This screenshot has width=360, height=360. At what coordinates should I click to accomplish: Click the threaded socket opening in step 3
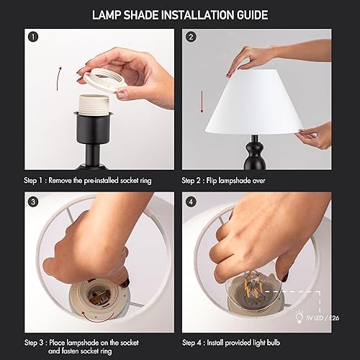(94, 296)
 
